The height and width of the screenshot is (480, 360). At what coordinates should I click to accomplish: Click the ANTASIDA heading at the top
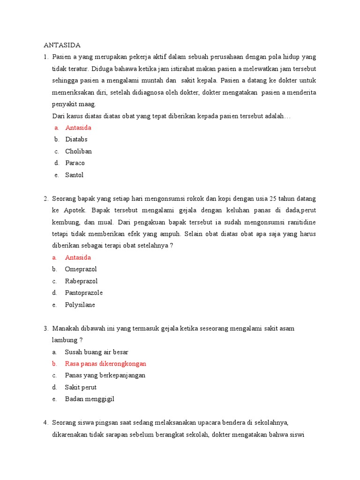coord(62,45)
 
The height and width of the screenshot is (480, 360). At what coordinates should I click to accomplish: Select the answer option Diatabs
coord(76,139)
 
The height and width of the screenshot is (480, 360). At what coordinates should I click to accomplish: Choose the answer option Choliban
coord(78,151)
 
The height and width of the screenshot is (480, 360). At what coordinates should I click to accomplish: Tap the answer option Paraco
coord(75,163)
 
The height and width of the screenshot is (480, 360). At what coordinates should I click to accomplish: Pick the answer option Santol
coord(75,175)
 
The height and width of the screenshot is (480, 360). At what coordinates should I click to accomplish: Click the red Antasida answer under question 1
coord(78,127)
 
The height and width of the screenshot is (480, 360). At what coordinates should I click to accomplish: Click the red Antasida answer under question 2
coord(78,257)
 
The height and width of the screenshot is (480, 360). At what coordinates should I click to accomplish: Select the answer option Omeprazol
coord(81,269)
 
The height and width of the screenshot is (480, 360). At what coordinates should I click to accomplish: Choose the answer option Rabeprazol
coord(81,281)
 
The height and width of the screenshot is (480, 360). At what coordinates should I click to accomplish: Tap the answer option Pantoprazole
coord(84,293)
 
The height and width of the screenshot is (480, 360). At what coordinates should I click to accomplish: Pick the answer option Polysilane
coord(80,305)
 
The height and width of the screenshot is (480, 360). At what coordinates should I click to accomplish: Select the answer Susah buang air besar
coord(97,352)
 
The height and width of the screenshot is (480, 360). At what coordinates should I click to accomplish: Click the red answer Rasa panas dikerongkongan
coord(106,364)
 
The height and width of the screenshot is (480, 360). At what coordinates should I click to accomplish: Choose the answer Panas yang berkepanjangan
coord(105,375)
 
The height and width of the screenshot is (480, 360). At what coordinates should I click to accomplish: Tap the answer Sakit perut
coord(81,387)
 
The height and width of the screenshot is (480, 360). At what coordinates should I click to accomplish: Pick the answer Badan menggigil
coord(90,399)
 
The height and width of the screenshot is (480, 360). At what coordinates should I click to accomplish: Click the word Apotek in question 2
coord(75,210)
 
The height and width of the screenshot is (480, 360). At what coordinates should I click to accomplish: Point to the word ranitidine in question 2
coord(300,222)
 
